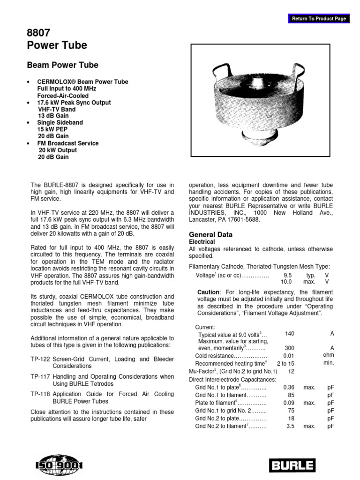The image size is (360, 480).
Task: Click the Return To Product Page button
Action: (319, 19)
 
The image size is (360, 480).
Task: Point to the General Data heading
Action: (210, 234)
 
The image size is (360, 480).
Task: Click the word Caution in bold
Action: (209, 292)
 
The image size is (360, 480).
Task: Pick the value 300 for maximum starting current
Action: (290, 348)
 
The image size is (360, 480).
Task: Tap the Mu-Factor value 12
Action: (291, 371)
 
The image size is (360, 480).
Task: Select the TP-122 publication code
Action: (41, 359)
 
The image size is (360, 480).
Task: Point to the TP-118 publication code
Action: (41, 395)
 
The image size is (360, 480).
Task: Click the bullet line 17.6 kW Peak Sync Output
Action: (74, 103)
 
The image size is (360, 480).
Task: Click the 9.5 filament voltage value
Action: (288, 276)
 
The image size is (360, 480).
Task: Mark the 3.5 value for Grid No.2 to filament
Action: (290, 426)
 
